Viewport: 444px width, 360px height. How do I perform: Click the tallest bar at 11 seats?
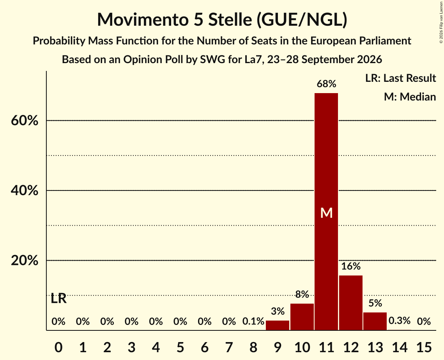coord(326,212)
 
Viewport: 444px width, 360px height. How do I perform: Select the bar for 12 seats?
coord(350,303)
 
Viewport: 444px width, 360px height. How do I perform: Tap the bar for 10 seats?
coord(302,317)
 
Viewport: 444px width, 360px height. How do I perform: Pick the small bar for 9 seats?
coord(278,325)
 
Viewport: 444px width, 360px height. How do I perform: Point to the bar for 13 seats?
coord(375,321)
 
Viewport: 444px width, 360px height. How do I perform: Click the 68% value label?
coord(326,84)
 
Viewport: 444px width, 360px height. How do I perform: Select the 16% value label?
coord(350,266)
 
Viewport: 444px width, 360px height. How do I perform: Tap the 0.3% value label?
coord(399,321)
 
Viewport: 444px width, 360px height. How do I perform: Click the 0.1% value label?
coord(253,321)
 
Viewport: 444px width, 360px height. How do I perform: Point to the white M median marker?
coord(326,213)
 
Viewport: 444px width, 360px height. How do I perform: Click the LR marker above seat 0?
coord(58,298)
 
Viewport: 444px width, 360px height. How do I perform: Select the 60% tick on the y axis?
coord(24,121)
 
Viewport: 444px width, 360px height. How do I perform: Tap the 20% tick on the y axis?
coord(24,261)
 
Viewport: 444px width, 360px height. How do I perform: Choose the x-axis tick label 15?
coord(424,347)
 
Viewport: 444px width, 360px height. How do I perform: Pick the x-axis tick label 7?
coord(229,347)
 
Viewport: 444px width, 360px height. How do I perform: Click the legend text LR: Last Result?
coord(400,78)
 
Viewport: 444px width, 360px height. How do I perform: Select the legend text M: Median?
coord(410,97)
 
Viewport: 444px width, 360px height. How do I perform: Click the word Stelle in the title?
coord(230,19)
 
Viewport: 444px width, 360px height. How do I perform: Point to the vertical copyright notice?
coord(441,22)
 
